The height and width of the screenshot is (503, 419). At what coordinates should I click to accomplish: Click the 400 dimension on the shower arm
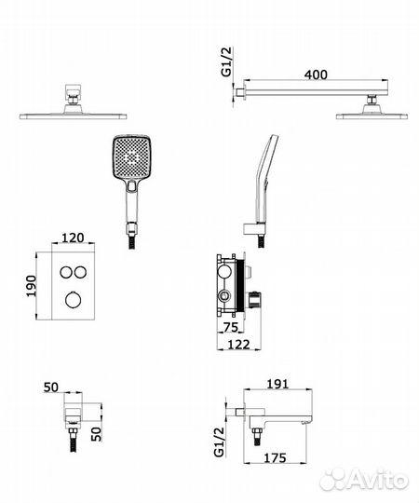point(316,75)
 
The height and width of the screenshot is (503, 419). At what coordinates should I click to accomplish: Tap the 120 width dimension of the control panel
point(73,238)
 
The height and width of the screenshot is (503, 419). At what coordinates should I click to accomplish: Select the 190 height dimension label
point(32,286)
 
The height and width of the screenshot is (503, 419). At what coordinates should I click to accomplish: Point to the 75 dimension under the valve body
point(231,327)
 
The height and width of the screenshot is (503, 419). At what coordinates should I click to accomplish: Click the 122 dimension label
point(238,345)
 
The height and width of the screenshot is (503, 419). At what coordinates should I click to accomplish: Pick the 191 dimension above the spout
point(277,384)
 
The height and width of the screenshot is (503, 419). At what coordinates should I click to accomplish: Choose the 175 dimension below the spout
point(275,457)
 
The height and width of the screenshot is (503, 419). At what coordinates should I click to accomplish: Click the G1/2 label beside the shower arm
point(226,61)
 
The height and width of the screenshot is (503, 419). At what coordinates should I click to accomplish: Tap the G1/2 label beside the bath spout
point(219,442)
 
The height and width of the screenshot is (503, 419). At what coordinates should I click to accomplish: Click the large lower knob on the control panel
point(74,300)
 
